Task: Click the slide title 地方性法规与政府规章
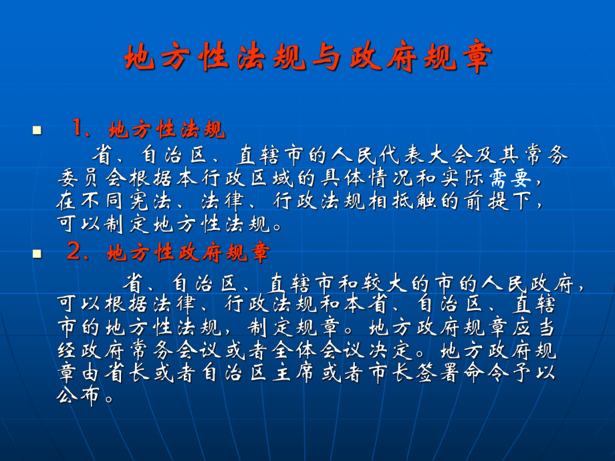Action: pyautogui.click(x=307, y=59)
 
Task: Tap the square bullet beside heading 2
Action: pyautogui.click(x=37, y=255)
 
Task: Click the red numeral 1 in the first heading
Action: pyautogui.click(x=78, y=128)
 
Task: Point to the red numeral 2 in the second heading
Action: pyautogui.click(x=74, y=253)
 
